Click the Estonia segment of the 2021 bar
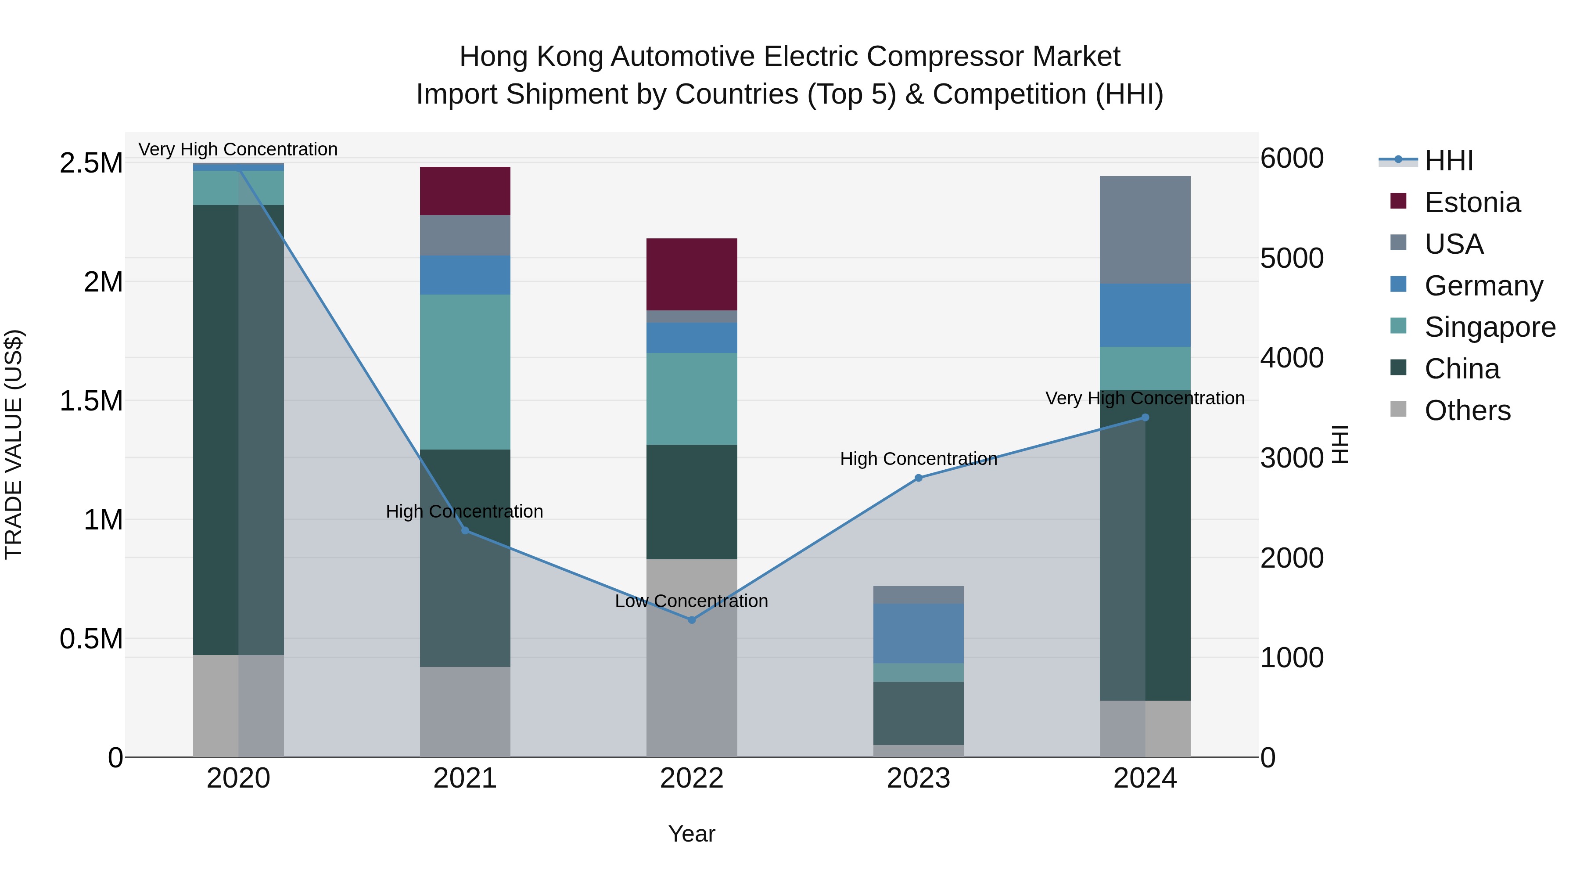click(465, 191)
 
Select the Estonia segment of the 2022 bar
click(691, 274)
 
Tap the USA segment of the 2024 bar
click(1145, 230)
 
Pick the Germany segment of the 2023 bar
click(918, 633)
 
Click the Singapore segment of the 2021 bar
click(465, 372)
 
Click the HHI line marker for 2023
click(918, 478)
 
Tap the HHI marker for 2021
click(465, 530)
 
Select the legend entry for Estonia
click(1472, 202)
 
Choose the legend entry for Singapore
click(1489, 327)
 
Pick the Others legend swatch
click(1398, 409)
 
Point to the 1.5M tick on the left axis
click(91, 401)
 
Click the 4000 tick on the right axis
click(1291, 358)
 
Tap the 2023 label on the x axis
click(918, 778)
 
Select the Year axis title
click(691, 834)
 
